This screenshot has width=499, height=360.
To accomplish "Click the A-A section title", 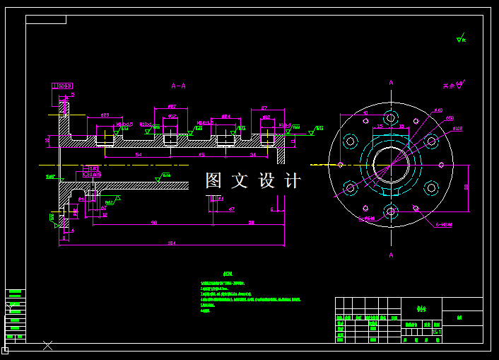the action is coord(179,86).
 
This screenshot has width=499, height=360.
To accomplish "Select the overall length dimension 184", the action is coord(172,243).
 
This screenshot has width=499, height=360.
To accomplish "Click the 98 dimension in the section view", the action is coord(153,223).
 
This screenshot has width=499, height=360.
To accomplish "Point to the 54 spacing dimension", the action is coord(139,154).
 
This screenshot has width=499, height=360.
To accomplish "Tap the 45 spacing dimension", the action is coord(201,154).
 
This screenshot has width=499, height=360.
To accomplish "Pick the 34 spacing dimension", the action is coord(253,154).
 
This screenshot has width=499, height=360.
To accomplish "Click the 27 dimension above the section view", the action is coord(264,108).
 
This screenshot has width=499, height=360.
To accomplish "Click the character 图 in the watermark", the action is coord(214,180).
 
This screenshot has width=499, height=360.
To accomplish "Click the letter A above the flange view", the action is coord(391,83).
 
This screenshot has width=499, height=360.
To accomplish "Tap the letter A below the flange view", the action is coord(391,255).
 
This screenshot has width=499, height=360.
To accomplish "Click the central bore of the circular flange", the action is coord(391,165).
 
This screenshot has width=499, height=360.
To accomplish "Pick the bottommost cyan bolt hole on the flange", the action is coord(391,211).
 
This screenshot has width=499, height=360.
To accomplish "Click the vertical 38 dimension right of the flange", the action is coord(466,187).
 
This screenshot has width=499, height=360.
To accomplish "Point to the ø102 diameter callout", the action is coord(457,129).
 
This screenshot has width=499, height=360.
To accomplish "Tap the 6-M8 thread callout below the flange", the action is coord(443,224).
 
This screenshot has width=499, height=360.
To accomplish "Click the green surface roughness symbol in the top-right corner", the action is coord(462,38).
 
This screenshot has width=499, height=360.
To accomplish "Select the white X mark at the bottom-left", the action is coord(47,345).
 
